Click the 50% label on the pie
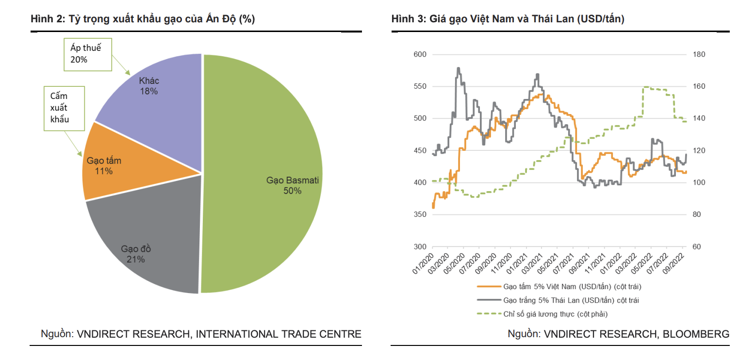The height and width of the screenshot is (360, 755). coord(293,191)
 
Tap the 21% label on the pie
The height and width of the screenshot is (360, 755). coord(136,260)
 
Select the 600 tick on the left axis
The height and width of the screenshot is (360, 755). coord(419,54)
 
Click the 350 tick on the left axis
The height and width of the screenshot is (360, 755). coord(419,215)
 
